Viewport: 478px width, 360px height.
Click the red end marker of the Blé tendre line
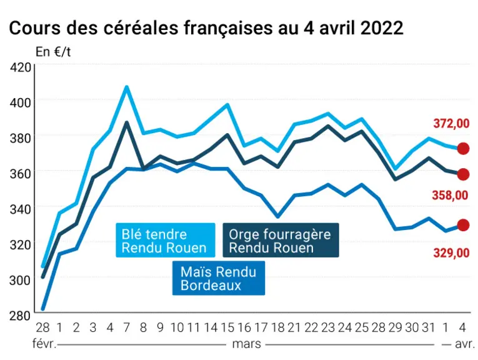[463, 149]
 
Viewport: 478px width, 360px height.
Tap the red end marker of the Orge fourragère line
[463, 174]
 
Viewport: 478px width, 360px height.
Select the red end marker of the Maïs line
[463, 225]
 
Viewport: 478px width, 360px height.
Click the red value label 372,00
[451, 124]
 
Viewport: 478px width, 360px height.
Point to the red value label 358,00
[451, 195]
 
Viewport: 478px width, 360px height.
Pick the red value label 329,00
[451, 252]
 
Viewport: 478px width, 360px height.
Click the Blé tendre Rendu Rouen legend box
[166, 240]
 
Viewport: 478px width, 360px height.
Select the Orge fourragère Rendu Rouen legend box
[281, 240]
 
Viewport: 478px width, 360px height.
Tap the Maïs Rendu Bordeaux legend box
[219, 278]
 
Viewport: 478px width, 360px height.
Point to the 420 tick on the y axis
[20, 67]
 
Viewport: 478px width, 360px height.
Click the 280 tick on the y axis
[20, 316]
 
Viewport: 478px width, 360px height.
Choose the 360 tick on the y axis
[20, 174]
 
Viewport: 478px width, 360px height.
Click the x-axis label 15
[227, 327]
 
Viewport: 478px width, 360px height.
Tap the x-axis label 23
[328, 327]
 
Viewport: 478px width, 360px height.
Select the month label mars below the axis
[246, 344]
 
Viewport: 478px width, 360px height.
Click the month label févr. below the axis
[44, 344]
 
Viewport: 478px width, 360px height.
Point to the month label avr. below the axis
[465, 344]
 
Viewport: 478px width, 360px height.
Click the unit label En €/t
[53, 52]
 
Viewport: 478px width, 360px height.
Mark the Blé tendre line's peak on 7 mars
[127, 87]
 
